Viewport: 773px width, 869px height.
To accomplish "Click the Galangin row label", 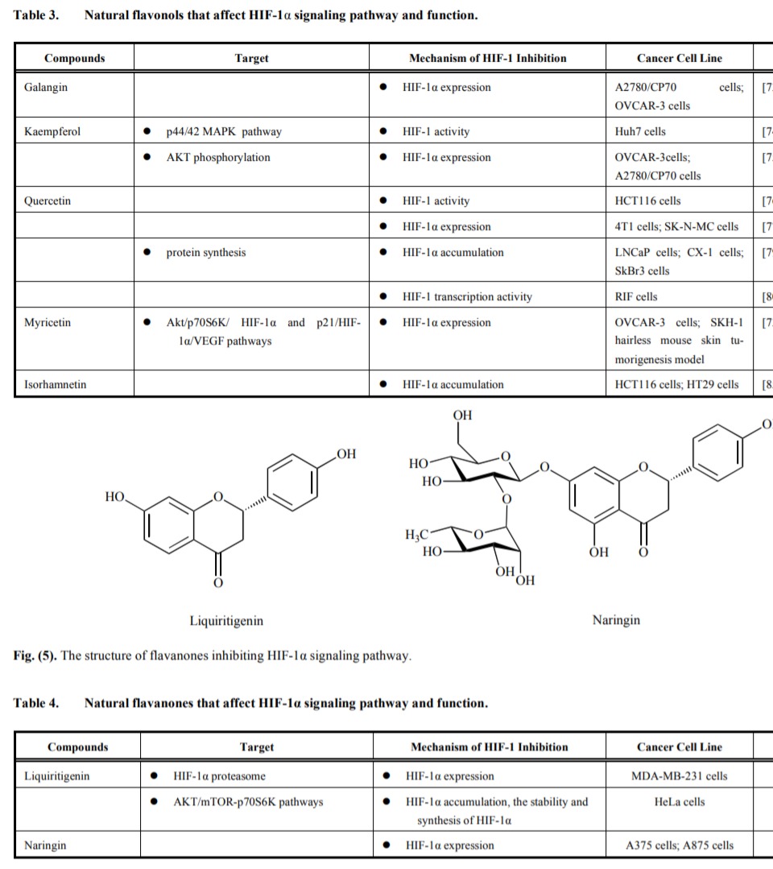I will click(46, 87).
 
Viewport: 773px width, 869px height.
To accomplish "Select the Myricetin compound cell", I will click(48, 322).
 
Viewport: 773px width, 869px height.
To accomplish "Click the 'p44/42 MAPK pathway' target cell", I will click(224, 131).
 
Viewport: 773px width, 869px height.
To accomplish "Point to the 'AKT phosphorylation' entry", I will click(218, 157).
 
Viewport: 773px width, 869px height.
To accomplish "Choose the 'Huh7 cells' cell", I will click(640, 131).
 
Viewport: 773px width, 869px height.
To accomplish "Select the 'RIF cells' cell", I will click(636, 296).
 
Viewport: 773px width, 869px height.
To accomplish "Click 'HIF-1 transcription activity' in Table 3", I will click(467, 296).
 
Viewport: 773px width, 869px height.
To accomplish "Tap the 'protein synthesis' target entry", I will click(206, 252).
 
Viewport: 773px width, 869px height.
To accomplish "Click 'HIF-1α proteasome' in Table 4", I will click(219, 776).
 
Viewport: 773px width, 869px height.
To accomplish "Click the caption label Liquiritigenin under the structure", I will click(226, 621).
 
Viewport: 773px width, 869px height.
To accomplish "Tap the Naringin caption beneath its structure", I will click(617, 620).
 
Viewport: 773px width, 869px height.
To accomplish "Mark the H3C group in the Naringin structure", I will click(418, 534).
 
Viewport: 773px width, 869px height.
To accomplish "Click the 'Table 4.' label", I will click(36, 703).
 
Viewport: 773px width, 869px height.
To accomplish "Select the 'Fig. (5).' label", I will click(35, 656).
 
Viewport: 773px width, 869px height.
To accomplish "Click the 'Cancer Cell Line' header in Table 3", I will click(680, 58).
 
